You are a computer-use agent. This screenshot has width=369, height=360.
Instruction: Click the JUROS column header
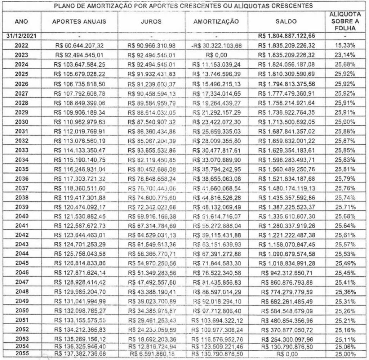point(152,22)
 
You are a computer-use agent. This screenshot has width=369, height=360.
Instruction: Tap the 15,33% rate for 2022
point(345,46)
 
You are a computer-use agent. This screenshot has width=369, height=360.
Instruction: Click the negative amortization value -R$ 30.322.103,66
point(216,46)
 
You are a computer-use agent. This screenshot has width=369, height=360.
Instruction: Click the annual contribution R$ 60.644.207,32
point(80,46)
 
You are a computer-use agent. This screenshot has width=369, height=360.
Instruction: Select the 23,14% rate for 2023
point(345,56)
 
